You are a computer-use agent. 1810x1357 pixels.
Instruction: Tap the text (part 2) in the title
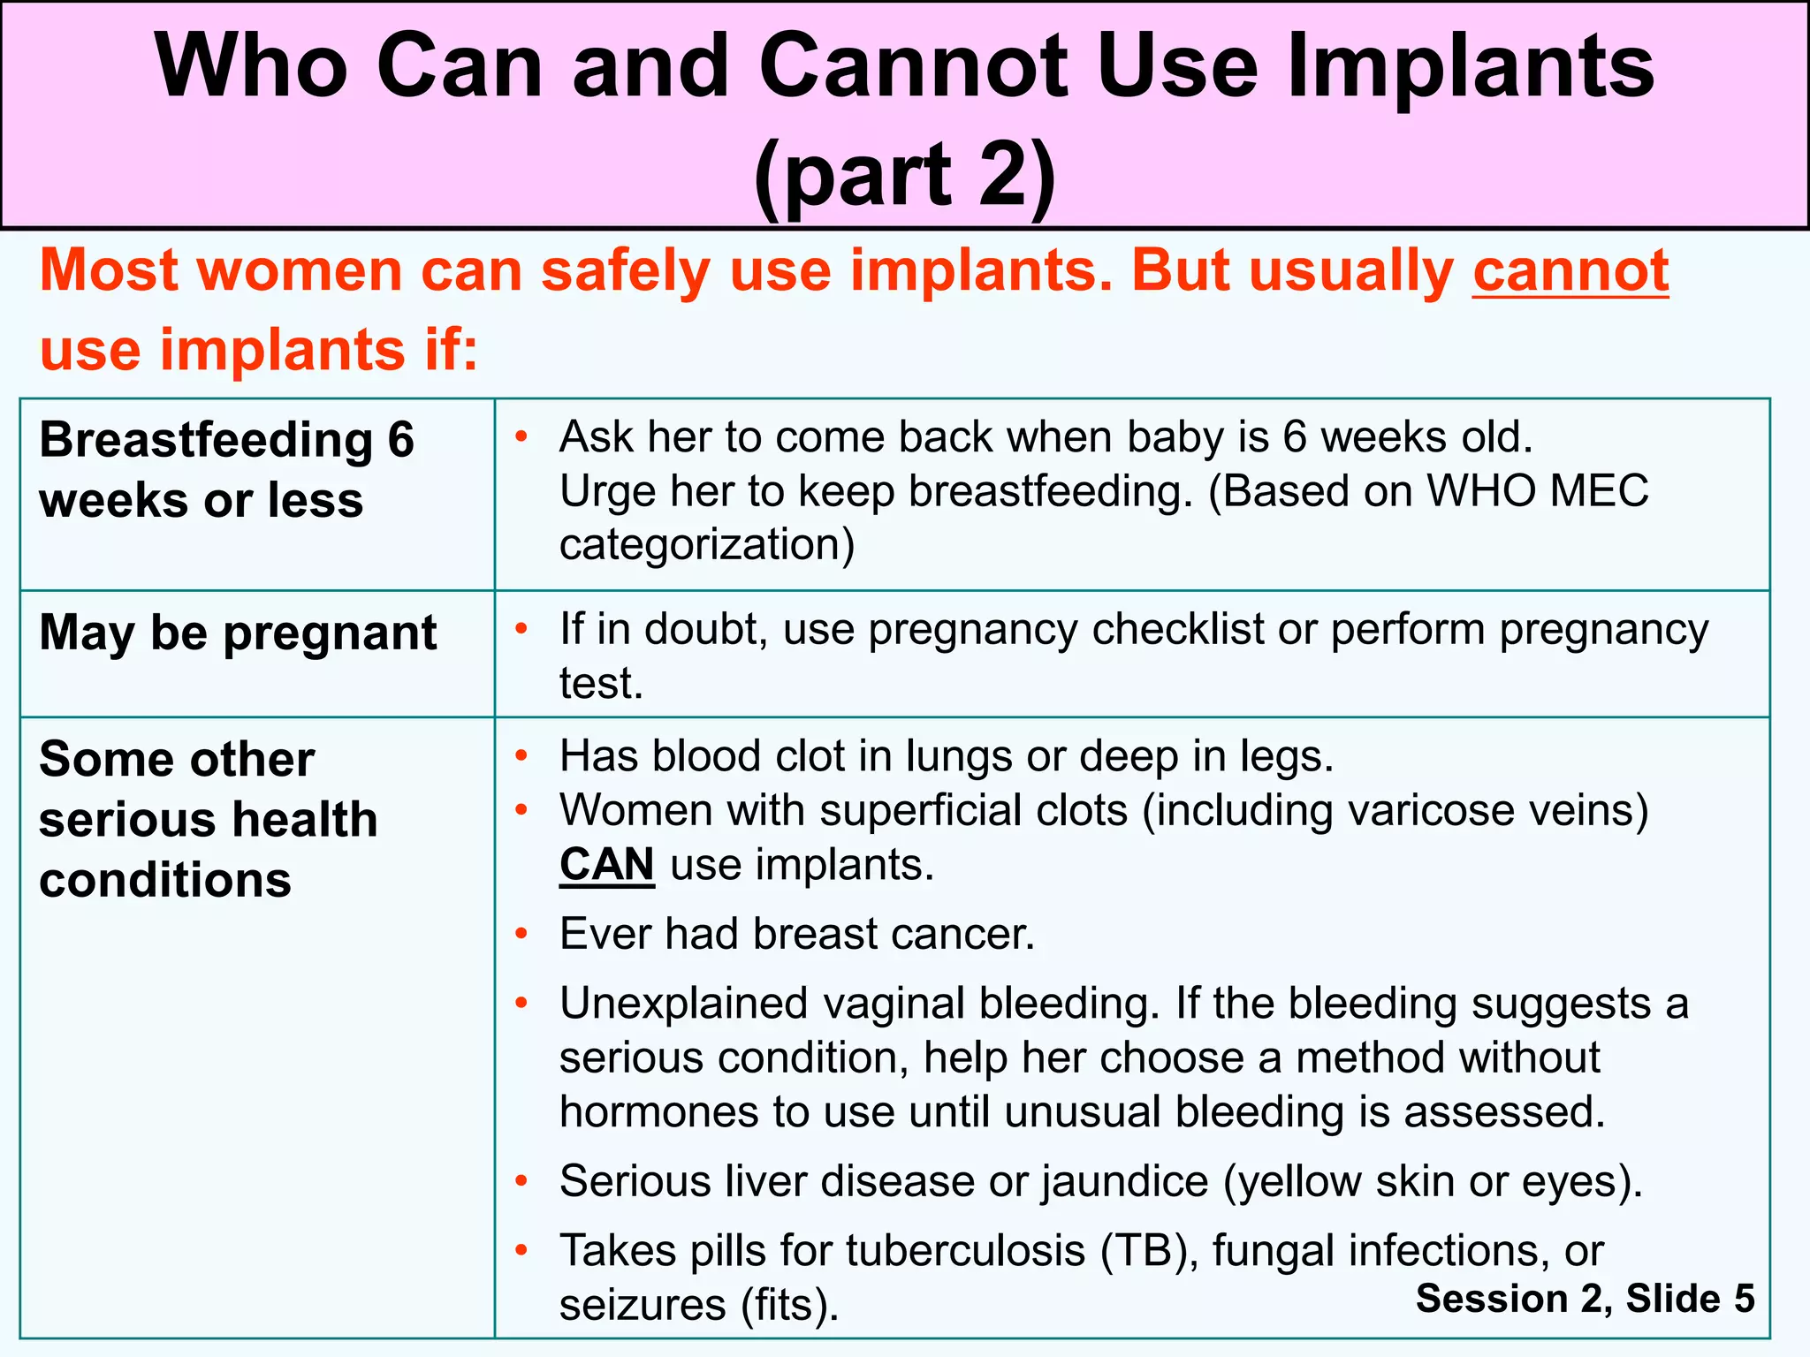click(904, 174)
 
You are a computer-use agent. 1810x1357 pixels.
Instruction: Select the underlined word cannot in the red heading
click(1570, 270)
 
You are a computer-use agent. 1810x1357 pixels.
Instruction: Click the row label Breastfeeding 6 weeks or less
click(226, 469)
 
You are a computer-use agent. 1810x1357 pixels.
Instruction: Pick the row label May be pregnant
click(238, 633)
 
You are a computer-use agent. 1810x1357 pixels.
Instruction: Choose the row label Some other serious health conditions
click(209, 819)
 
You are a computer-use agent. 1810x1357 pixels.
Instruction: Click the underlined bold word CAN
click(607, 864)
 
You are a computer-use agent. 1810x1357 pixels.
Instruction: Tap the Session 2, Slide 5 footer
click(1585, 1298)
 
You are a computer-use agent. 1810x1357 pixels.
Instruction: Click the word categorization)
click(707, 544)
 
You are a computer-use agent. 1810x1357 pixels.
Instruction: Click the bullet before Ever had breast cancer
click(522, 934)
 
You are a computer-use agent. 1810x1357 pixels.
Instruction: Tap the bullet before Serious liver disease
click(522, 1180)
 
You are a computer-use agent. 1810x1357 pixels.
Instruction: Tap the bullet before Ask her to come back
click(522, 436)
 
